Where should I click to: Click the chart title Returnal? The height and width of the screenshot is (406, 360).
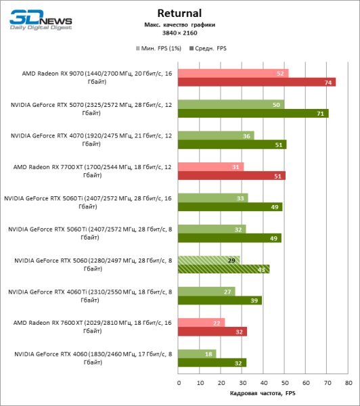pos(179,13)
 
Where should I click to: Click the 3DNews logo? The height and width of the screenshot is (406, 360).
pos(34,21)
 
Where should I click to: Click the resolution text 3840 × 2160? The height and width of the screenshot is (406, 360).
pos(179,32)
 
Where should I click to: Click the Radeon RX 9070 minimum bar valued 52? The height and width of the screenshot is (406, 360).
pos(233,73)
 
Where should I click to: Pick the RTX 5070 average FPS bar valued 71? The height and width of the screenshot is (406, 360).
pos(253,113)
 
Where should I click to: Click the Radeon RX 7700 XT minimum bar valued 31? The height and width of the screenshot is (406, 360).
pos(211,166)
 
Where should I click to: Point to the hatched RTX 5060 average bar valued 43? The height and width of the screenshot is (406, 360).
pos(224,269)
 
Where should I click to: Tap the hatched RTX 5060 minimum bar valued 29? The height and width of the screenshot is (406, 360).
pos(209,260)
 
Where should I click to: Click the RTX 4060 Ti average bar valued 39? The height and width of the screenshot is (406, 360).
pos(220,300)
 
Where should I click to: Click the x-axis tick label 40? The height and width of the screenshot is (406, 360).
pos(264,383)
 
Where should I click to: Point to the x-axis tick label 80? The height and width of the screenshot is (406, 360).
pos(348,383)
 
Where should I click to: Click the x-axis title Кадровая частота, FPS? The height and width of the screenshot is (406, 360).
pos(263,393)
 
